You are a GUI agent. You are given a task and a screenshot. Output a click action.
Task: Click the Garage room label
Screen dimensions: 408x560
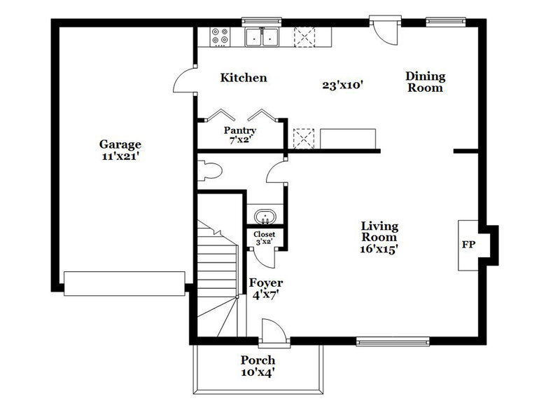120,144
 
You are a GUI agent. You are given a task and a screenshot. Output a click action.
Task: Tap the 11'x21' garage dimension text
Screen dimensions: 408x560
120,157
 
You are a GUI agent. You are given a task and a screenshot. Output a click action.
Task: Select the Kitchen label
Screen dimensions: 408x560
244,78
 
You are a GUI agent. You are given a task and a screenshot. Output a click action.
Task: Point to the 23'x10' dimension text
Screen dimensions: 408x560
342,85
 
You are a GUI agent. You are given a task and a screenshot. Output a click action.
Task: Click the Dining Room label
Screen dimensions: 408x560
426,82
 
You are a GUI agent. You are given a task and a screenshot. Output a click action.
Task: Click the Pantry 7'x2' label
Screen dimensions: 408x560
240,135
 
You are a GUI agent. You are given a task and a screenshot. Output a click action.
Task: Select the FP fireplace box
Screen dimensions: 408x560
468,245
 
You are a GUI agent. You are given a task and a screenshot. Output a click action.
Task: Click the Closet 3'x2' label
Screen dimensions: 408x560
264,238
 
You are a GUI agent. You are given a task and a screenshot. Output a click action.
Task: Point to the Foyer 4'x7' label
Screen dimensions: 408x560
266,288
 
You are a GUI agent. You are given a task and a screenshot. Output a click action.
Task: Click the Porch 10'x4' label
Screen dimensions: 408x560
258,366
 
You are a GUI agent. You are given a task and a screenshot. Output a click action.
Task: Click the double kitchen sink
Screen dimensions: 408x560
262,37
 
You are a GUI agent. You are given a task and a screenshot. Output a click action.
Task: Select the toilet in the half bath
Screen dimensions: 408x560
209,169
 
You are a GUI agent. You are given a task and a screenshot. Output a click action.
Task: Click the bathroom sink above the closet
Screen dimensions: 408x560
264,216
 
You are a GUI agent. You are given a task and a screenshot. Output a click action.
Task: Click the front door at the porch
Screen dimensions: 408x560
272,332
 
